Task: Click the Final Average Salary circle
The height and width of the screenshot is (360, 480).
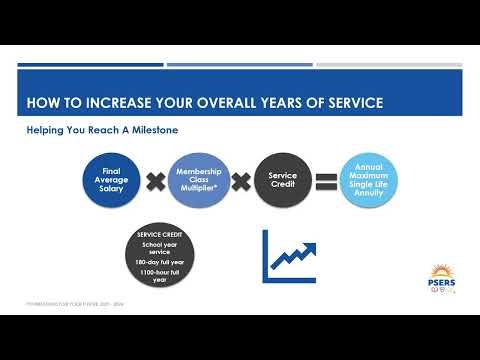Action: coord(110,181)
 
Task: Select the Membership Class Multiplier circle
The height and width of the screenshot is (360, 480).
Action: coord(198,181)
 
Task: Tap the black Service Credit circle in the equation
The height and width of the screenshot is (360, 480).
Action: coord(283,181)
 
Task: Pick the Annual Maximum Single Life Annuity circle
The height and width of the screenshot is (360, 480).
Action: coord(369,181)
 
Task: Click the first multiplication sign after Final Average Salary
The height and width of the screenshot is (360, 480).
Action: coord(154,181)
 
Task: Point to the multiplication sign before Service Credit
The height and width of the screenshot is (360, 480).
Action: coord(241,181)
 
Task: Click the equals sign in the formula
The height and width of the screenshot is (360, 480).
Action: coord(326,181)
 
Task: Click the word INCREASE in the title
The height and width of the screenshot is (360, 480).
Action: coord(120,104)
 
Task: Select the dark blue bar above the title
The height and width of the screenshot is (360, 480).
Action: coord(90,66)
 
